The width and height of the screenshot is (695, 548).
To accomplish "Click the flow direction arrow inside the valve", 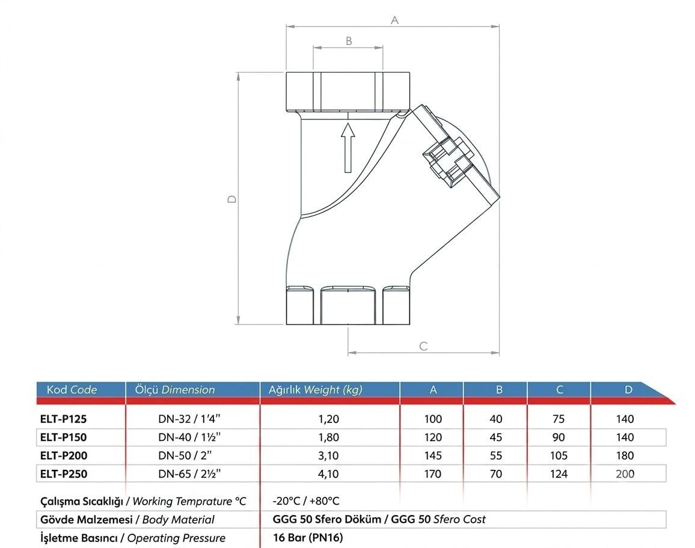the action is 348,148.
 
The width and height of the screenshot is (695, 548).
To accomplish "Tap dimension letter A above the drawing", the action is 394,20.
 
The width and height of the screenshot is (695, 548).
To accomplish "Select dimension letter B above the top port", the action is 349,41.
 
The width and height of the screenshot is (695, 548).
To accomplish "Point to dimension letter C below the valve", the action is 424,346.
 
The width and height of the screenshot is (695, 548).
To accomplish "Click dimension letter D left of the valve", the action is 232,199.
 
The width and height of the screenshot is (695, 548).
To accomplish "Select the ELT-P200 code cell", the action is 64,455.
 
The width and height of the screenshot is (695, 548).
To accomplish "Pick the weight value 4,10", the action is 328,474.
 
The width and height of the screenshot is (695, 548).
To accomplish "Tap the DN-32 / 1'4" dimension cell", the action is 189,419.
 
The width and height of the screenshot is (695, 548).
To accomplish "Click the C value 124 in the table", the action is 559,474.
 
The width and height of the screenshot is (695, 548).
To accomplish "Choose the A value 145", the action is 433,455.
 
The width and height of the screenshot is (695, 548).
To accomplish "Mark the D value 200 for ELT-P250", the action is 625,474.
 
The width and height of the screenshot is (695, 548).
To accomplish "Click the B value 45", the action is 496,437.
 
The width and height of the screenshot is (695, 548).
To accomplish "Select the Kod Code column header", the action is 72,390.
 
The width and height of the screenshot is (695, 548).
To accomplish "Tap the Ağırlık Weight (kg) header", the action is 316,390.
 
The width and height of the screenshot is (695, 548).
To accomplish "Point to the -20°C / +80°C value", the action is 306,501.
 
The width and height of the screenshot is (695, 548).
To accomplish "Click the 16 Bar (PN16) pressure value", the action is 308,538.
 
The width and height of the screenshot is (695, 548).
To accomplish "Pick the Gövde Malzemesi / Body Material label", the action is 127,520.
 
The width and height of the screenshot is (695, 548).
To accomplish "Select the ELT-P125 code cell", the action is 63,419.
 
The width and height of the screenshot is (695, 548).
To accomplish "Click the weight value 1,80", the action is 328,437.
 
